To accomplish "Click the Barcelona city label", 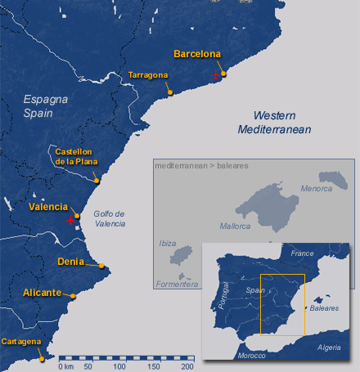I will [197, 54].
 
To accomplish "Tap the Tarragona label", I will [148, 75].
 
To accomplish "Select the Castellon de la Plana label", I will [73, 156].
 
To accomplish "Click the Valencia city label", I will [47, 207].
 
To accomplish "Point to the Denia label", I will [72, 262].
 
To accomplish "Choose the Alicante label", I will [42, 292].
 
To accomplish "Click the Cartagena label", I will [21, 341].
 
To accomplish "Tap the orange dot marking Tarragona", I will [169, 92].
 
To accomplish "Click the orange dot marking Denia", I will [101, 266].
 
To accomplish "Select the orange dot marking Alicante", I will [73, 295].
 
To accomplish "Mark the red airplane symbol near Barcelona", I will [217, 76].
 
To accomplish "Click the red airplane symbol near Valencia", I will [72, 221].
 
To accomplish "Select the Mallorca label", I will [236, 225].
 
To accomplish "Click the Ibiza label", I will [168, 244].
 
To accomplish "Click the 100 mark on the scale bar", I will [119, 366].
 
